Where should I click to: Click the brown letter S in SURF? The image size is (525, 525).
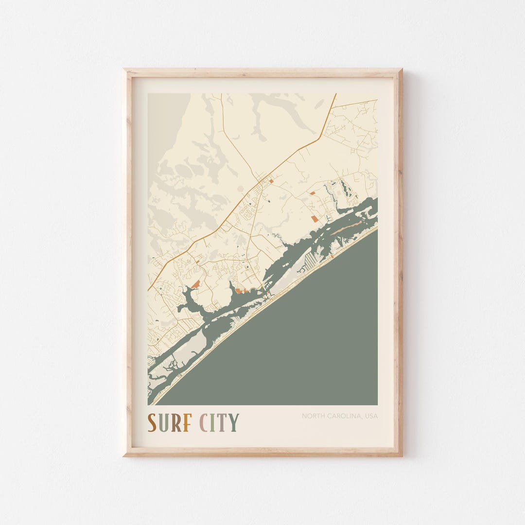click(152, 422)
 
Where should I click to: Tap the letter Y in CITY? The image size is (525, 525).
click(233, 422)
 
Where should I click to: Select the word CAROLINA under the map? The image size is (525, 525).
click(344, 416)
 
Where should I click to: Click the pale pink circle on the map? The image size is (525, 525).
click(240, 189)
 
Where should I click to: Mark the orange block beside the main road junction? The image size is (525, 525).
click(271, 181)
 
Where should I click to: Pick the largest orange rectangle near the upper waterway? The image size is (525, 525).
click(315, 219)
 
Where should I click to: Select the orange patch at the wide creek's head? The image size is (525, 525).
click(195, 283)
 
